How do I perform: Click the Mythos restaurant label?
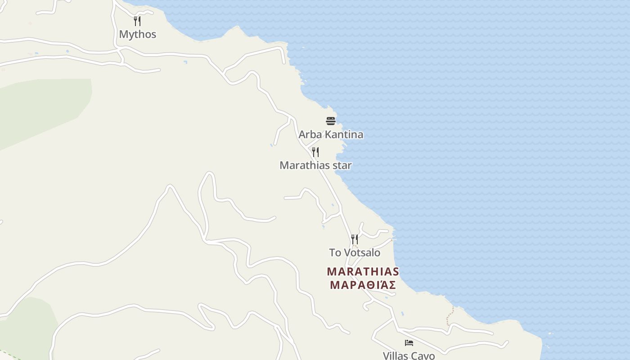pos(138,34)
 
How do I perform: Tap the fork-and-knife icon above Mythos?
pos(137,21)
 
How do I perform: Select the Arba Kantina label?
pos(331,135)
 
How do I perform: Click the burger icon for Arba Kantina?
pos(331,121)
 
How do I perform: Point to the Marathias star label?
pos(315,165)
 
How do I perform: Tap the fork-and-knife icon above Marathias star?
pos(315,152)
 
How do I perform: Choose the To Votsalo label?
pos(355,252)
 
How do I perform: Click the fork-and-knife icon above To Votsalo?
pos(355,239)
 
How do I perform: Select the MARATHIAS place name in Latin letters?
pos(363,271)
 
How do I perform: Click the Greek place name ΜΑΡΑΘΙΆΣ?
pos(363,285)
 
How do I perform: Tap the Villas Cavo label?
pos(409,355)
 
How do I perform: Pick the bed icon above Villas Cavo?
pos(409,343)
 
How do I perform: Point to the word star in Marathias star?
pos(342,165)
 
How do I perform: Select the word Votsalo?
pos(362,252)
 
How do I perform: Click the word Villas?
pos(396,355)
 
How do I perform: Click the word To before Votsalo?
pos(335,252)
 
